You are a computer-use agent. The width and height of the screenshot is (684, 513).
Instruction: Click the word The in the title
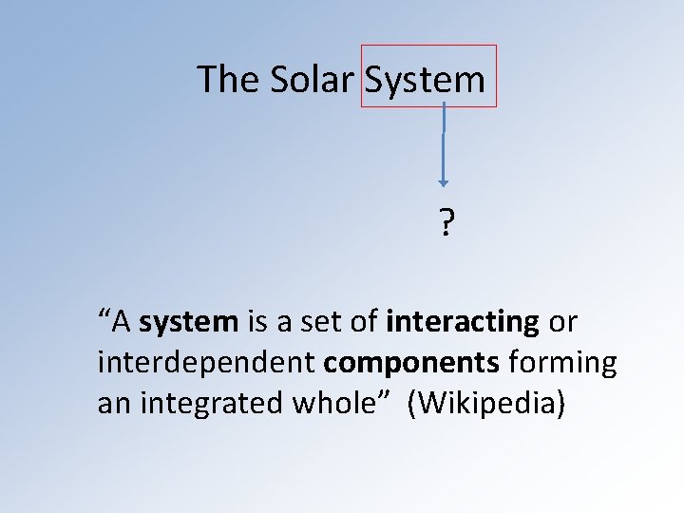(228, 79)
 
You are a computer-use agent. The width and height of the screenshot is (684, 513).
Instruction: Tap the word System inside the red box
(425, 79)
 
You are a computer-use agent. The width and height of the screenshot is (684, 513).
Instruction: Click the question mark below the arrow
(445, 225)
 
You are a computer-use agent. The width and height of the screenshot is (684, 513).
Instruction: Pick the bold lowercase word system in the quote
(188, 322)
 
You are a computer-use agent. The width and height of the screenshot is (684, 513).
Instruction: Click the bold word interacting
(463, 322)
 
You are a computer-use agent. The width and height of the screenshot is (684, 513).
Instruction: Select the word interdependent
(206, 363)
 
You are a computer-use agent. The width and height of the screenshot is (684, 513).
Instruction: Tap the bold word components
(411, 363)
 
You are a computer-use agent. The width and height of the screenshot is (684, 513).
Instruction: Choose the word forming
(562, 363)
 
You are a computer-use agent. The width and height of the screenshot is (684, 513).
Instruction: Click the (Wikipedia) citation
(486, 404)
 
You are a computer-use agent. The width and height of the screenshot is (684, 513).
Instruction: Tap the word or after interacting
(562, 322)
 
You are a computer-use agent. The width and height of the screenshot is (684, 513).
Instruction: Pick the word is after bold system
(256, 322)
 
